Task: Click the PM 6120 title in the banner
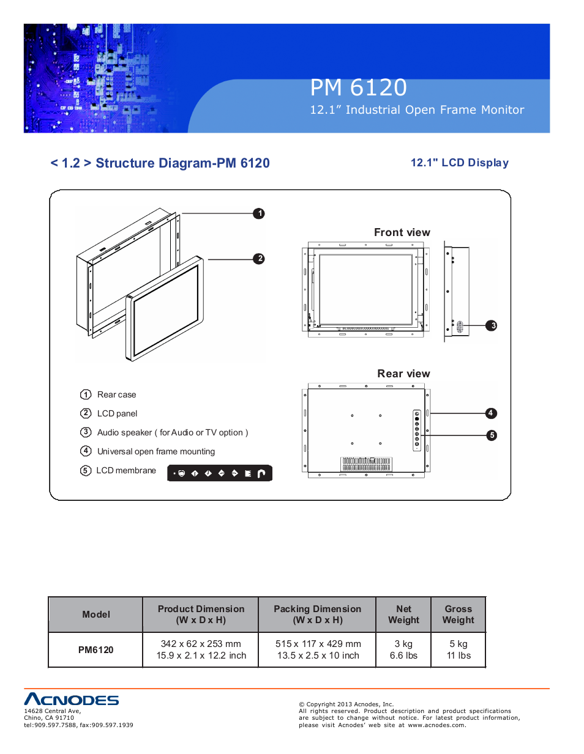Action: click(x=358, y=87)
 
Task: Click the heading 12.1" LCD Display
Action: click(x=459, y=163)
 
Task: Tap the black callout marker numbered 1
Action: click(x=259, y=213)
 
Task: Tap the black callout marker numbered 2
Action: click(x=260, y=259)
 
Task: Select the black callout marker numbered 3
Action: click(x=492, y=325)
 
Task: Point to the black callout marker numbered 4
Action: click(x=490, y=413)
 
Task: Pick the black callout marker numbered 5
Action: click(x=492, y=435)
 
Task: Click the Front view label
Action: click(x=402, y=232)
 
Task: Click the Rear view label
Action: click(x=403, y=374)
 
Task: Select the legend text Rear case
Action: click(x=116, y=395)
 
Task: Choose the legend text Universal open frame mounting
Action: click(x=155, y=452)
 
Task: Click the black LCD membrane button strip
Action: click(x=220, y=473)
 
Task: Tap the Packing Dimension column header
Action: click(x=317, y=615)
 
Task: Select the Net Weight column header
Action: click(x=403, y=615)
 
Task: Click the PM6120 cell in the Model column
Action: click(x=95, y=650)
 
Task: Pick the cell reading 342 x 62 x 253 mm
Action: click(x=201, y=644)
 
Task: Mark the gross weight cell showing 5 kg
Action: click(x=458, y=644)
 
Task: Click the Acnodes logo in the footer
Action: click(x=71, y=700)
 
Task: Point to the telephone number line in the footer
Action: click(x=78, y=725)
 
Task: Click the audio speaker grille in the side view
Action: click(x=460, y=327)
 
